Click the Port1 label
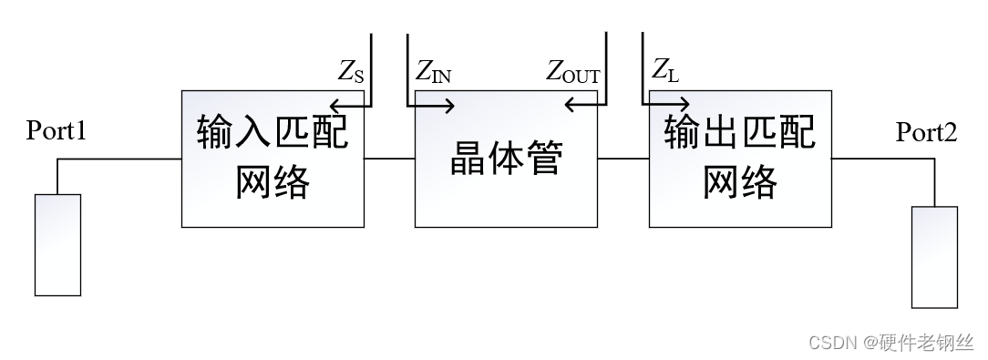coord(57,131)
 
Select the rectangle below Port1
coord(57,241)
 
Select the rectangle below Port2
coord(934,257)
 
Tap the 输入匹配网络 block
coord(273,159)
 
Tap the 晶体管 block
coord(506,159)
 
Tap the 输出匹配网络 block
coord(739,159)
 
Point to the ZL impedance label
coord(665,70)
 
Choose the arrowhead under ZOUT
coord(570,106)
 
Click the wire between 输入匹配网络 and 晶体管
coord(389,159)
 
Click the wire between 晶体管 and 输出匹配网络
coord(623,159)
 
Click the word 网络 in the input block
coord(273,182)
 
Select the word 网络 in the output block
coord(739,182)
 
